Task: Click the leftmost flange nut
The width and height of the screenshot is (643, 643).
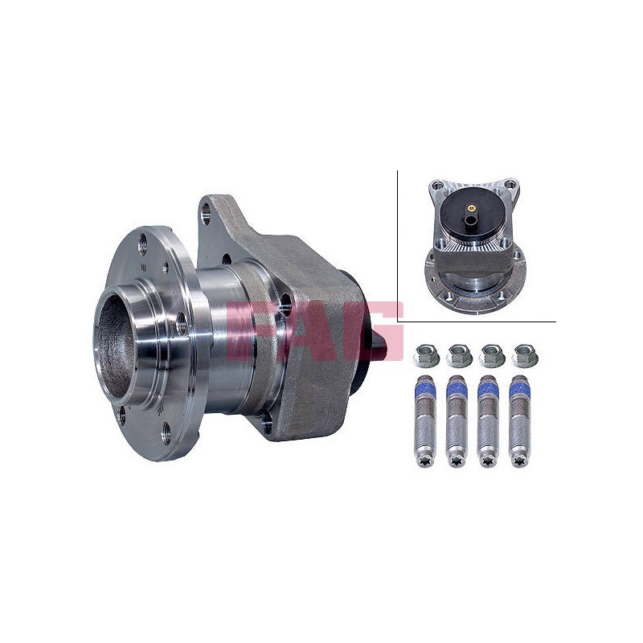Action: click(x=426, y=355)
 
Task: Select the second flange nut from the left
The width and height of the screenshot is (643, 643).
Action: click(x=458, y=355)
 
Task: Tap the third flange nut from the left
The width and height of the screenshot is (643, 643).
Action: click(x=492, y=355)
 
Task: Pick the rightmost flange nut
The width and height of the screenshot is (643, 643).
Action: click(x=525, y=355)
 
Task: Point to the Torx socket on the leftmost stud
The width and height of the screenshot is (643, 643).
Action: click(x=425, y=462)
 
